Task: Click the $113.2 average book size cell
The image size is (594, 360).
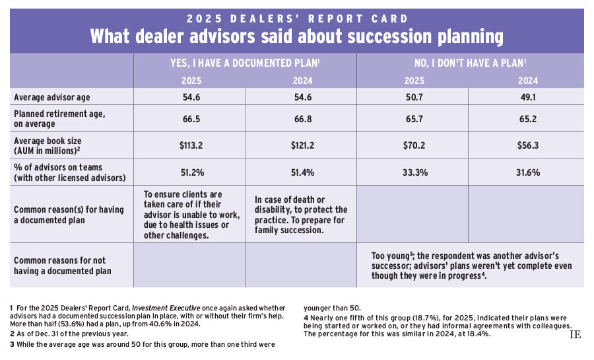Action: tap(189, 145)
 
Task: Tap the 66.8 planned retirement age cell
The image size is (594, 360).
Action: tap(301, 118)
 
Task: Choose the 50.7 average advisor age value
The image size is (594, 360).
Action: tap(412, 96)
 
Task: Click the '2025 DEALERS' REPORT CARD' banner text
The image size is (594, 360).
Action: tap(297, 18)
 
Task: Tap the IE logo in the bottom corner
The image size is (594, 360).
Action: tap(575, 335)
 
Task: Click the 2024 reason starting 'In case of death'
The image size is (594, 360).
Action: tap(300, 215)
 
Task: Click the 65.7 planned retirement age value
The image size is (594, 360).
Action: tap(412, 118)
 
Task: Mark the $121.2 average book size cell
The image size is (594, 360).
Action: tap(301, 145)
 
